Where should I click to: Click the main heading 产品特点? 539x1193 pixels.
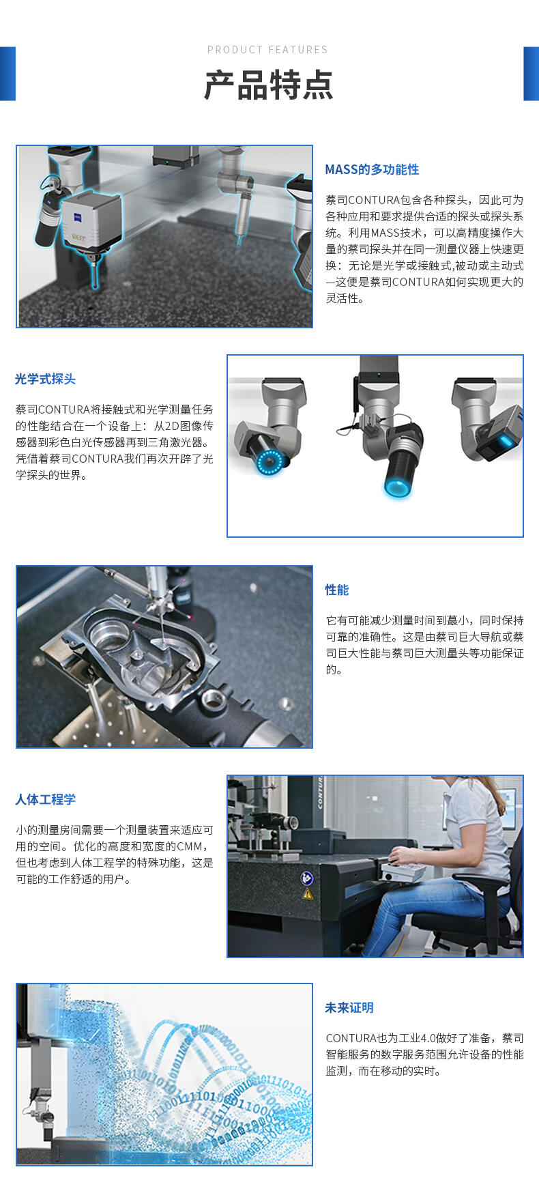tap(269, 85)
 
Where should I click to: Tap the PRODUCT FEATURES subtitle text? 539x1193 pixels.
tap(267, 50)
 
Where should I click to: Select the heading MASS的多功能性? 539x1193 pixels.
tap(372, 169)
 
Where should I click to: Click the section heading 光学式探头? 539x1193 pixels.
tap(45, 379)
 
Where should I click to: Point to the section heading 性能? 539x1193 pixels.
tap(337, 590)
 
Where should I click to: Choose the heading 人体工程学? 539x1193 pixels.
tap(45, 799)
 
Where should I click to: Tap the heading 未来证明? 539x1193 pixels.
tap(349, 1007)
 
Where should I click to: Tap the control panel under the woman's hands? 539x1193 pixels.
tap(403, 870)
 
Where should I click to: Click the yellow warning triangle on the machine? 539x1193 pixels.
tap(308, 893)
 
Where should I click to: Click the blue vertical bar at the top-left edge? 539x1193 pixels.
tap(8, 74)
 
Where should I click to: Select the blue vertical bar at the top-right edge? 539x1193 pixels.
tap(531, 74)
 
